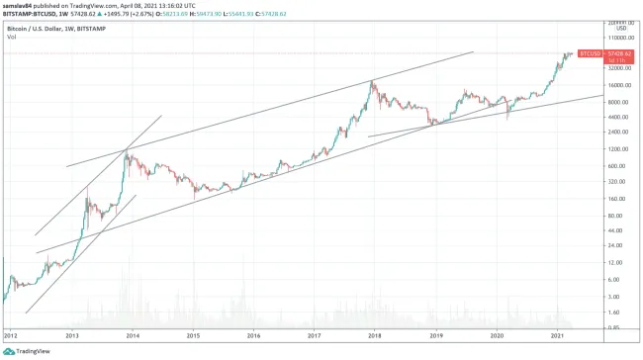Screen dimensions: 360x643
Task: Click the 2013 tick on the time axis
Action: (71, 335)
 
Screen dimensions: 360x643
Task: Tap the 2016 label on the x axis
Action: (253, 335)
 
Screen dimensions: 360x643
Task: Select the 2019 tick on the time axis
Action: (435, 335)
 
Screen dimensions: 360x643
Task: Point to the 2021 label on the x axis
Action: (557, 335)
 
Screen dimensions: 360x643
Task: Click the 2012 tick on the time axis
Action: (11, 335)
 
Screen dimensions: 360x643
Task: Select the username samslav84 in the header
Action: (23, 4)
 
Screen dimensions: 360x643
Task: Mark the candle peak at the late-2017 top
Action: (372, 80)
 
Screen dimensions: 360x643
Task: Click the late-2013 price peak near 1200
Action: (126, 149)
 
